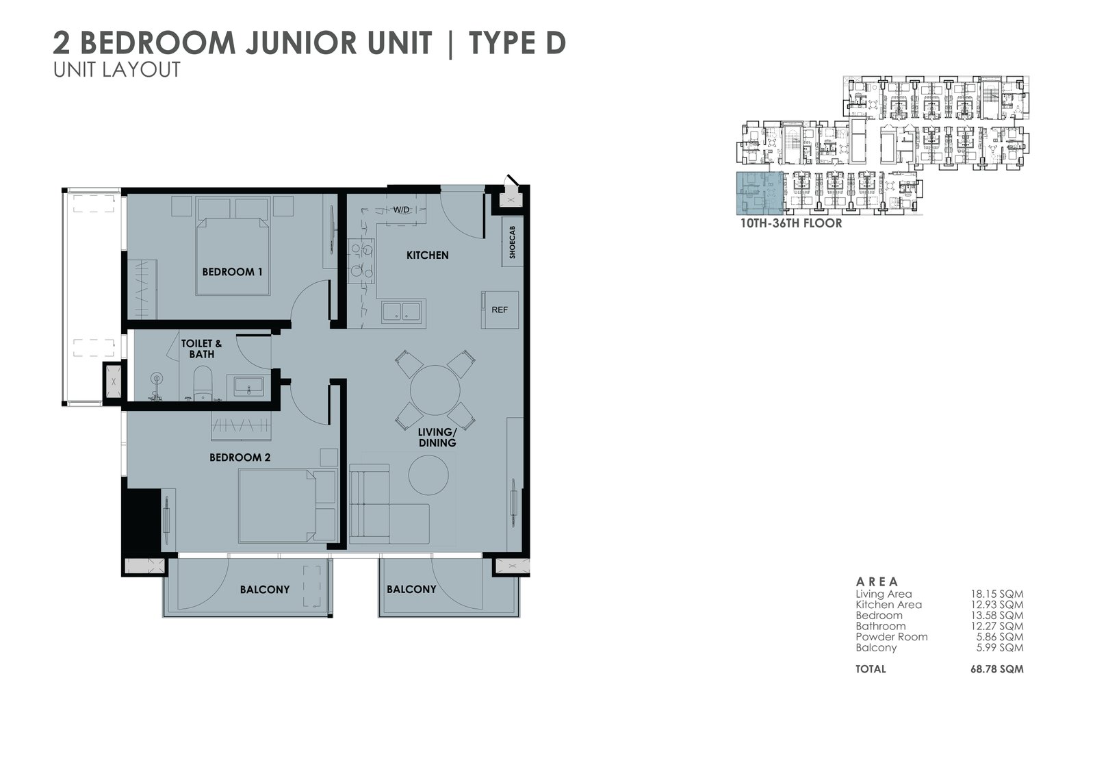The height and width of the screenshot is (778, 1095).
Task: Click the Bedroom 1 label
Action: click(232, 272)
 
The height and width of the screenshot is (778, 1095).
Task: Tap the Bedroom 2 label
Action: click(240, 457)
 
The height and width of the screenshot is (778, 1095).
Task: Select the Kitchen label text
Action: click(427, 255)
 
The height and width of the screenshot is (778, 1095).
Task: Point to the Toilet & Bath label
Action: click(201, 349)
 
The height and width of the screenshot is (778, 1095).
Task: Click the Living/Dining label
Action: click(437, 438)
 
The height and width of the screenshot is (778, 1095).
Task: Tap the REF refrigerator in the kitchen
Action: click(500, 310)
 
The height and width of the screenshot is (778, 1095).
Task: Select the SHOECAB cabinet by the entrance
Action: click(512, 242)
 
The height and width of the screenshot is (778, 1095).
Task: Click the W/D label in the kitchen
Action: click(401, 210)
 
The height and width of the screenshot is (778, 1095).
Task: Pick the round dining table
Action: click(435, 390)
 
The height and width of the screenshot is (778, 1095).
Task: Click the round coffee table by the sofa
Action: click(428, 475)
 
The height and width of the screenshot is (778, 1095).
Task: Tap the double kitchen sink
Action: click(401, 312)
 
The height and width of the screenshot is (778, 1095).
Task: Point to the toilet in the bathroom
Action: click(203, 384)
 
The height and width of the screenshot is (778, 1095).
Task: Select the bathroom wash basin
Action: click(249, 386)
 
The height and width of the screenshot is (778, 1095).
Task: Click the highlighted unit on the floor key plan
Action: click(760, 194)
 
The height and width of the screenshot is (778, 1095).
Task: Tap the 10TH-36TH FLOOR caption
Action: click(791, 224)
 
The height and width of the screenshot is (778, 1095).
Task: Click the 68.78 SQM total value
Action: click(996, 669)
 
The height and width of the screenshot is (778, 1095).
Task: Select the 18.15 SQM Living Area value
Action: click(996, 594)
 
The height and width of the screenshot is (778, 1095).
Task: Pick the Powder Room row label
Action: click(891, 637)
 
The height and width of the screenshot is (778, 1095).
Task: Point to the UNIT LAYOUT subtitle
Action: click(117, 69)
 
